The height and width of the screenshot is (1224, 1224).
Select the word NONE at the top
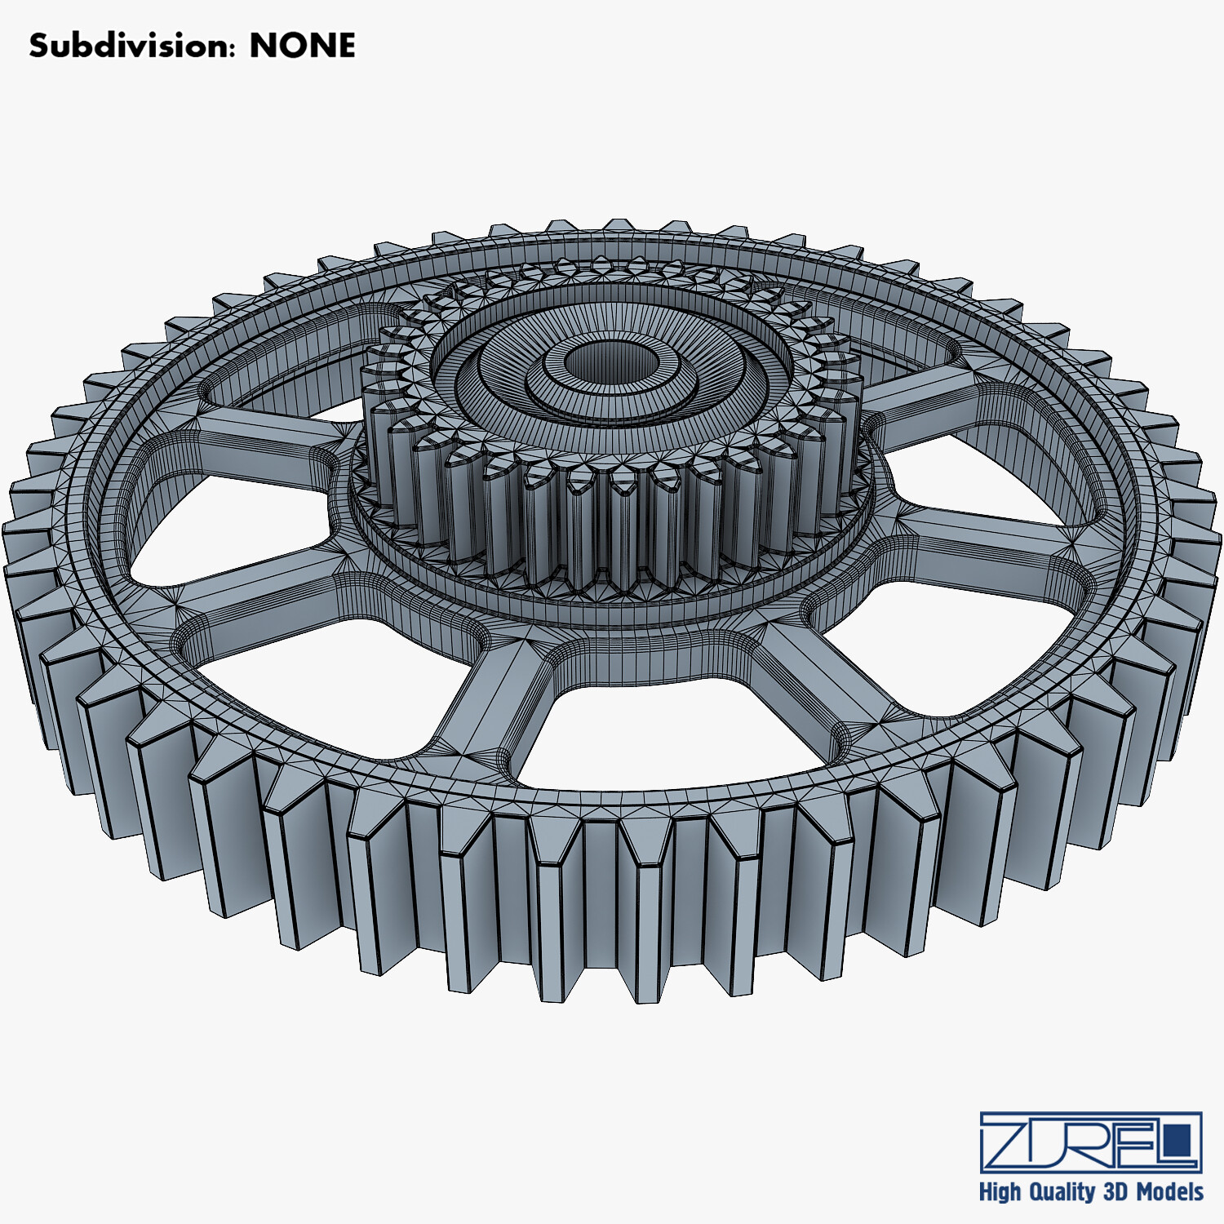pos(302,46)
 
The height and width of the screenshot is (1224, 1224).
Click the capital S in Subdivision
pos(38,46)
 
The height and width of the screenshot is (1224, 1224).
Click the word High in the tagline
pos(1000,1191)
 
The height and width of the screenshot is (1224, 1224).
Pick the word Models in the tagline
pos(1169,1191)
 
